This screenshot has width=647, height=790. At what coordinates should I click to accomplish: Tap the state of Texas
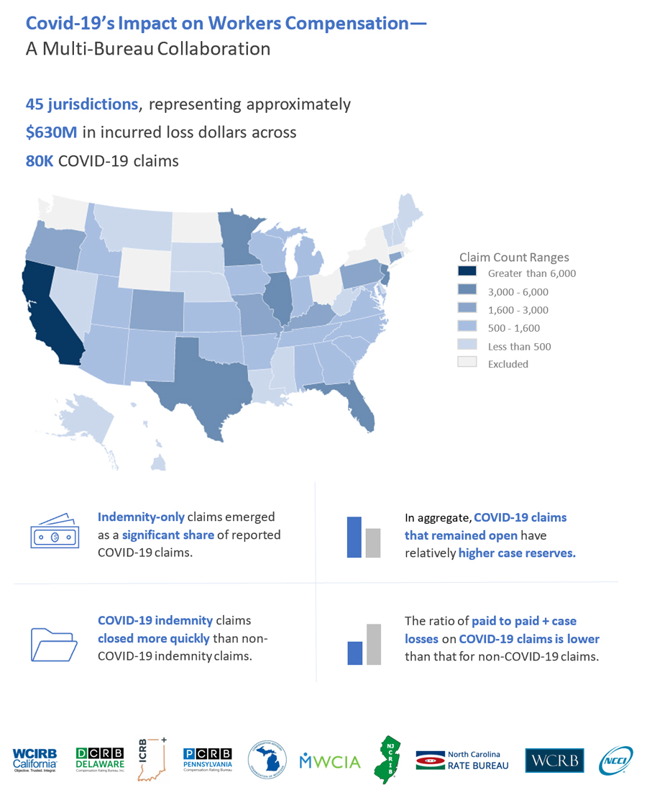click(205, 381)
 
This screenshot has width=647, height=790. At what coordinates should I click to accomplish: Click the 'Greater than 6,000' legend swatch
click(467, 273)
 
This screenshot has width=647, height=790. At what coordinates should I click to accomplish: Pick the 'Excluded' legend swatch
click(467, 363)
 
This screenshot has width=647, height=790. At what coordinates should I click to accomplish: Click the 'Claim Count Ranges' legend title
click(514, 257)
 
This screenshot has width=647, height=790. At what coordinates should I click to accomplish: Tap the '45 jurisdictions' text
click(82, 104)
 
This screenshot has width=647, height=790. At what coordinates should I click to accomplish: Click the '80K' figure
click(40, 160)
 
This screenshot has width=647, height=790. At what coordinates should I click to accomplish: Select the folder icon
click(54, 643)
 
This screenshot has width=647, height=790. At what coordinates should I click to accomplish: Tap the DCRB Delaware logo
click(101, 760)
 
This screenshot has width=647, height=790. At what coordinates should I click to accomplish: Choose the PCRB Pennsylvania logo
click(208, 760)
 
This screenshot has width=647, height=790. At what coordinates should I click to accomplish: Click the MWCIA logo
click(330, 761)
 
